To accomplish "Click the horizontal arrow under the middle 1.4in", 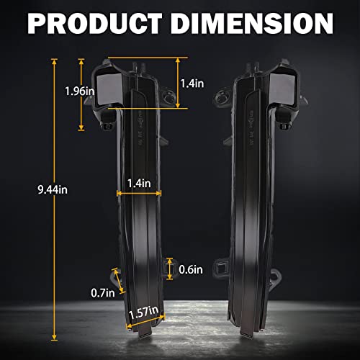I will [x=138, y=193].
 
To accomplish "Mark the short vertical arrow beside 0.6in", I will [x=170, y=268].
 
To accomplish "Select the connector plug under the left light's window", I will [x=107, y=122].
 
